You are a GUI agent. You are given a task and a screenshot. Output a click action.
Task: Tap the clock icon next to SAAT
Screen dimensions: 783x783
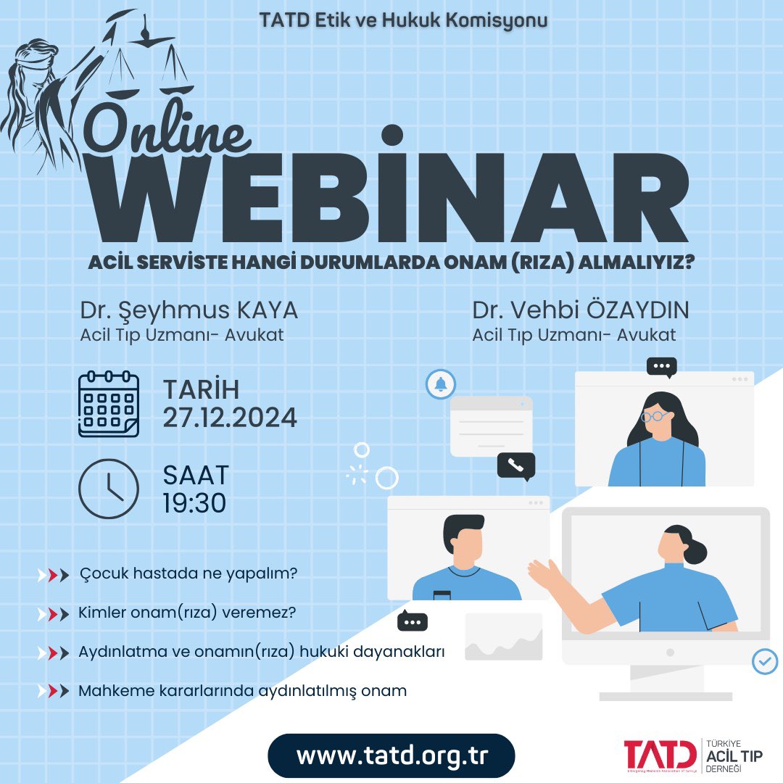click(x=108, y=488)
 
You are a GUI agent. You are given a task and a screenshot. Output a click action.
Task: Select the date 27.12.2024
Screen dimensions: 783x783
click(x=229, y=418)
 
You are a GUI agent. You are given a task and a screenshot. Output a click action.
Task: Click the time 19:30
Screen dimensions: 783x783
click(x=194, y=502)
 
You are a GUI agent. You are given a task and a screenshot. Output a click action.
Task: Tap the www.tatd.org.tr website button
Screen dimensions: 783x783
click(x=391, y=755)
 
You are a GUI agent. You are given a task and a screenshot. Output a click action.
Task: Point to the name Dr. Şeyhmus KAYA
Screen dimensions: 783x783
click(x=188, y=310)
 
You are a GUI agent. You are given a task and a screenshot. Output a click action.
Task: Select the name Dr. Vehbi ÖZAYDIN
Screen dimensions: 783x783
click(x=580, y=310)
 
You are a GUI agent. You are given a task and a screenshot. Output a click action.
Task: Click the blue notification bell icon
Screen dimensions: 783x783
click(x=441, y=384)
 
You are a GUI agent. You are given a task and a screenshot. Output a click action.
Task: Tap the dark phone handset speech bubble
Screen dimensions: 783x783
click(x=515, y=466)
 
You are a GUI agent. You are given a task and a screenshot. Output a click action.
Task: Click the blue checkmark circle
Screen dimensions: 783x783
click(x=764, y=661)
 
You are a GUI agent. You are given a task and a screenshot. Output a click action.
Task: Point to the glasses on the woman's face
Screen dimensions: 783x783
click(x=654, y=416)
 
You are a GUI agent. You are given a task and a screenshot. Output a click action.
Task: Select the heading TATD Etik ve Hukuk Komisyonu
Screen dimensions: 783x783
click(x=403, y=20)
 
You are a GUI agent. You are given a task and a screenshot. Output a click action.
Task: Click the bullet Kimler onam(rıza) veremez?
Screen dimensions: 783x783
click(x=187, y=613)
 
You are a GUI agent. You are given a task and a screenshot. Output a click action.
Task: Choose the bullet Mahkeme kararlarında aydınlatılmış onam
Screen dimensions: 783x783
click(x=242, y=690)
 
